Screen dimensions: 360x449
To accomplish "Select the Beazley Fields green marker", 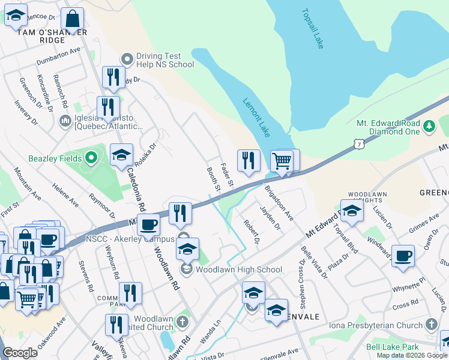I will click(91, 159).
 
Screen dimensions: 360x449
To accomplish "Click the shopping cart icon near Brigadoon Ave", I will click(282, 161).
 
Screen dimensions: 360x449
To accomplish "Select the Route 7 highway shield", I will click(358, 144).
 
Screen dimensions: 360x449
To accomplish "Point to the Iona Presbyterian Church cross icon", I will click(431, 325).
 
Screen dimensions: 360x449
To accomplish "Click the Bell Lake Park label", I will click(393, 347).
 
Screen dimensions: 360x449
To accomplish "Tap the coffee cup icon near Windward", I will click(403, 256).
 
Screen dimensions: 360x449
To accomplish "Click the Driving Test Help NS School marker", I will click(127, 59).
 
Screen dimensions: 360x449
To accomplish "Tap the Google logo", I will click(20, 353).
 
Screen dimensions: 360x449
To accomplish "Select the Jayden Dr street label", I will click(270, 218).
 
